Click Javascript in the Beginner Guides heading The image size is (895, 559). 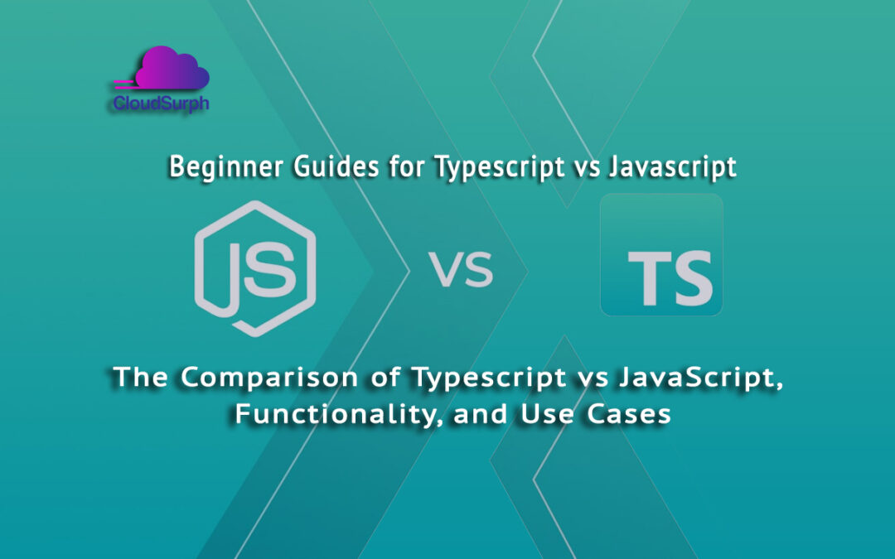[671, 167]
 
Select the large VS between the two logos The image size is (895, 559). [462, 270]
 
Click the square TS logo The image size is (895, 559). [661, 255]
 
